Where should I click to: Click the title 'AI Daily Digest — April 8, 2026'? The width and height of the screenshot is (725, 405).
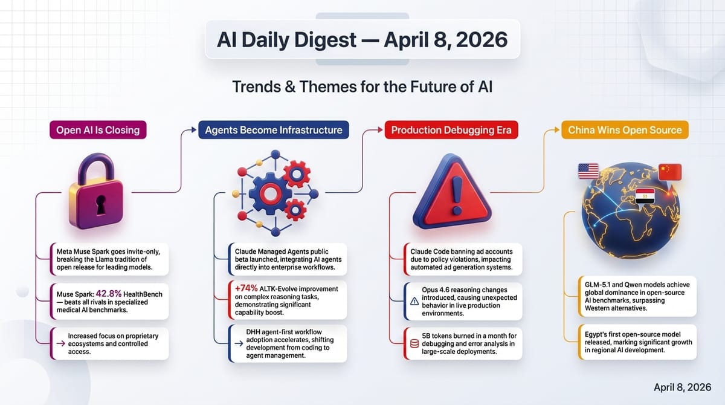click(362, 40)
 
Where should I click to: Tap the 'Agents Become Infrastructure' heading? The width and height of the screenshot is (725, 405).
click(273, 130)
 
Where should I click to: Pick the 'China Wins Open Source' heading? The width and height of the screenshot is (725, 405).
click(625, 130)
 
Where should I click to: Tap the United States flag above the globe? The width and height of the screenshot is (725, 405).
click(588, 172)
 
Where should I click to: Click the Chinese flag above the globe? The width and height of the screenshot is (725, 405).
click(669, 172)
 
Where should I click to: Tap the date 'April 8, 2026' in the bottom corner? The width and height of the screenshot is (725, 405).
click(683, 386)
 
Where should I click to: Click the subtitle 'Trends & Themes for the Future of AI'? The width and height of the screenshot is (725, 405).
click(362, 87)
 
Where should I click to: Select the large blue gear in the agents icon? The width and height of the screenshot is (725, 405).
click(265, 192)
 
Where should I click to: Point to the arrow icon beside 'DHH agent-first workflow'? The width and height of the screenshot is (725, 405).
click(236, 344)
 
